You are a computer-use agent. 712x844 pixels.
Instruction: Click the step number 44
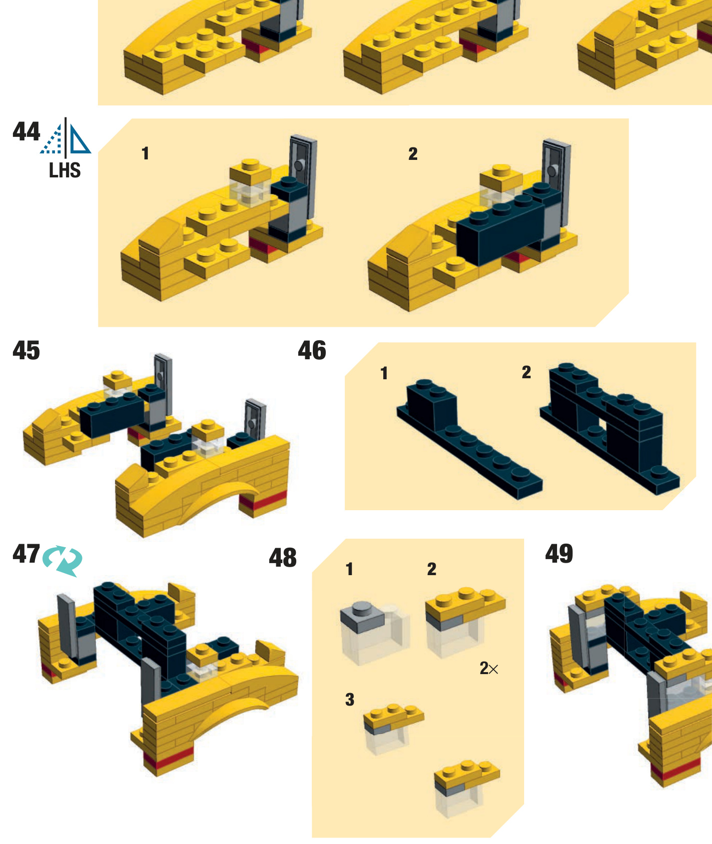(26, 131)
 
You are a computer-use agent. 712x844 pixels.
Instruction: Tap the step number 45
(26, 350)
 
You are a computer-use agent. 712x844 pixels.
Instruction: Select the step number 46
(312, 350)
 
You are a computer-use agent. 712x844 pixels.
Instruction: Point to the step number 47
(26, 554)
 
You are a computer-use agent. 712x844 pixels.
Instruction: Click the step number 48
(283, 558)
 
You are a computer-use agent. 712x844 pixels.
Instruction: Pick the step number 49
(559, 554)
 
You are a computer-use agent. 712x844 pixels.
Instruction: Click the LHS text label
(65, 170)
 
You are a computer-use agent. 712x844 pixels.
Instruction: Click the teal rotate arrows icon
(63, 560)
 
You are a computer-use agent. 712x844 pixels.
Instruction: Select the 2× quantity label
(489, 668)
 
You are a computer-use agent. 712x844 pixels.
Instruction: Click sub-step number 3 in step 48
(350, 700)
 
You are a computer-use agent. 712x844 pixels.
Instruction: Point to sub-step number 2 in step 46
(526, 372)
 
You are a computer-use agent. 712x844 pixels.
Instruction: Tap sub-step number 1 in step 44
(145, 153)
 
